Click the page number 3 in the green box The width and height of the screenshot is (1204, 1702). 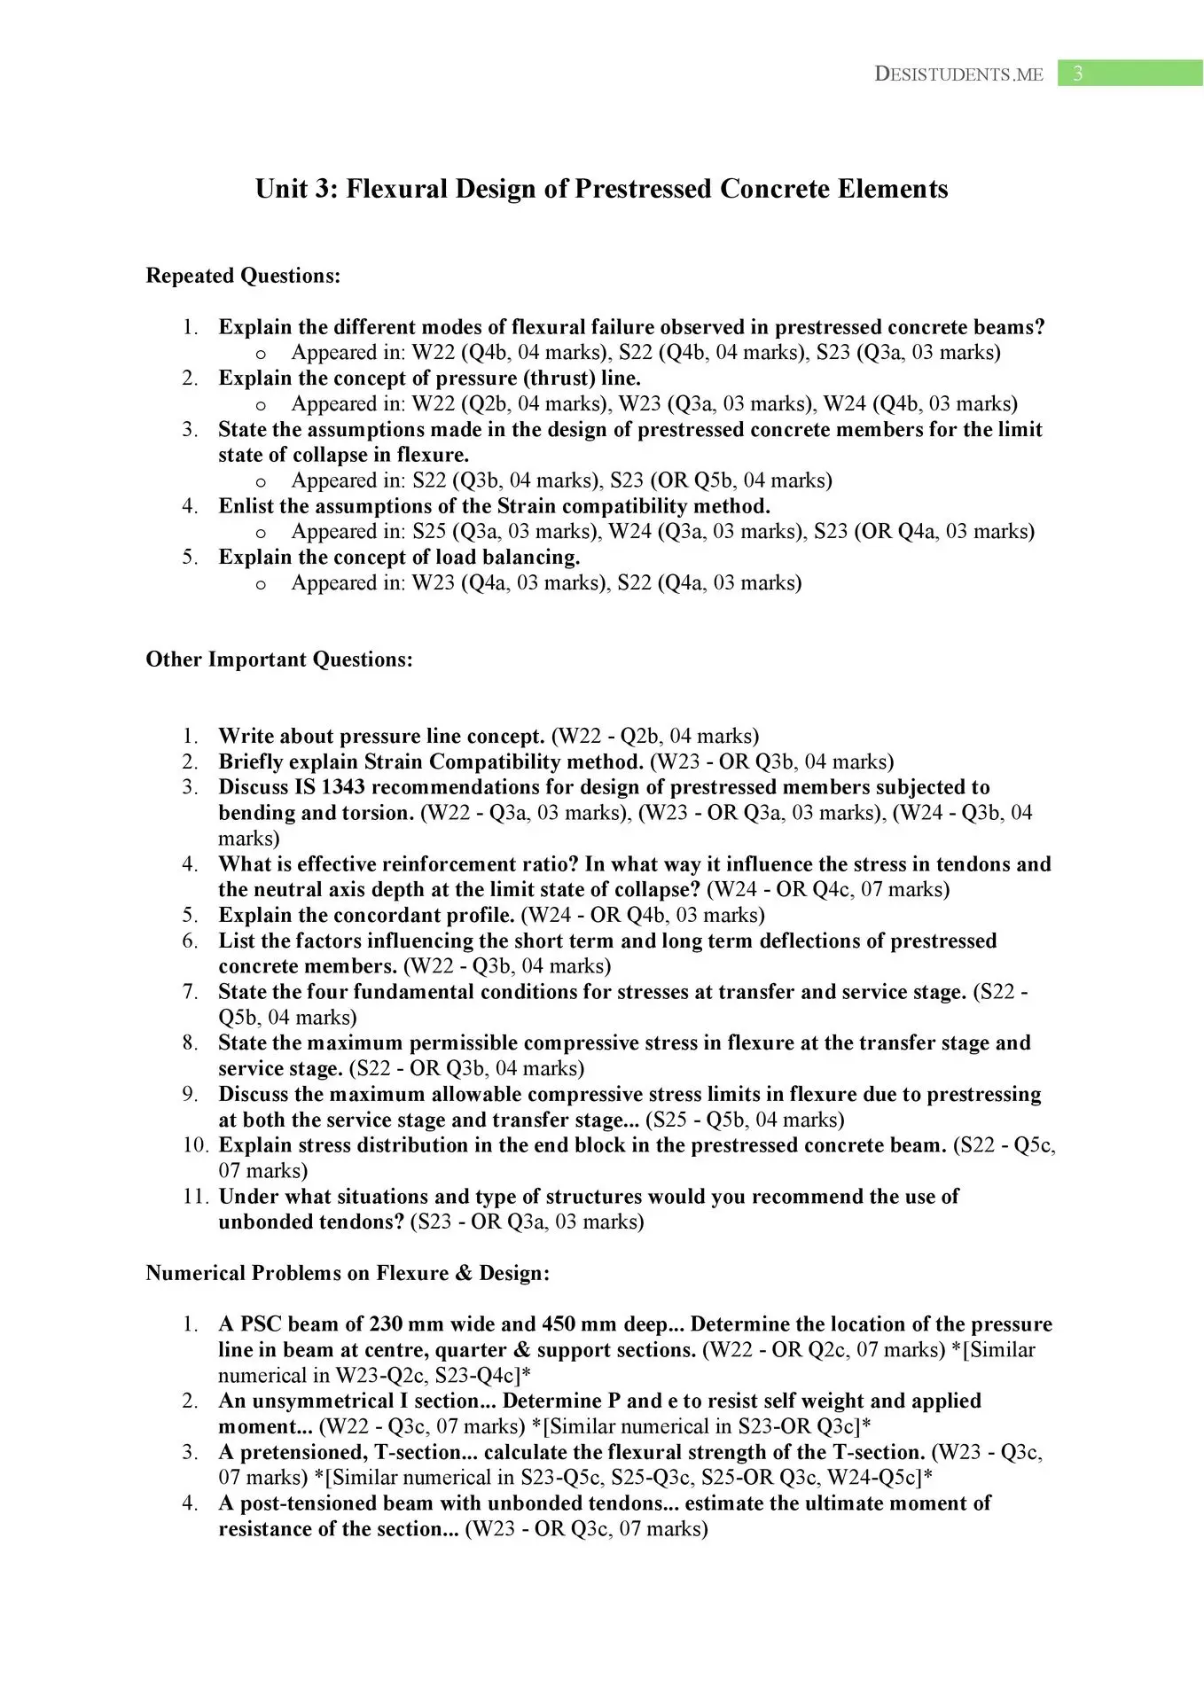click(x=1077, y=74)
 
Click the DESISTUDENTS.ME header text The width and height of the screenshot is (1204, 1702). click(x=958, y=74)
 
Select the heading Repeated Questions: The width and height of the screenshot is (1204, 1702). click(x=243, y=276)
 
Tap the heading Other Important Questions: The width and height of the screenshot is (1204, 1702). click(x=279, y=660)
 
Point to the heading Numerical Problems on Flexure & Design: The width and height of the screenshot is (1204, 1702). click(x=348, y=1273)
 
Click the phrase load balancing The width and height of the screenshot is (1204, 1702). click(x=507, y=558)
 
